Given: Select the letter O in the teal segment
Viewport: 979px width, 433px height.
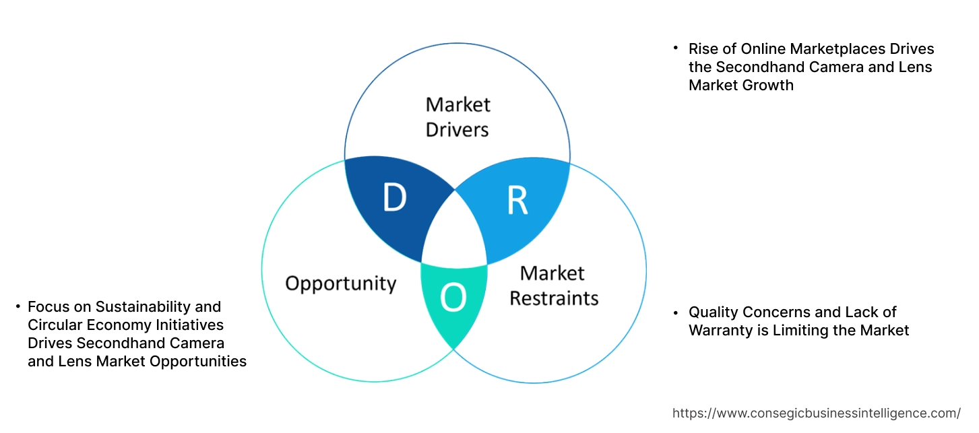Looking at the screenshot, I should pos(453,298).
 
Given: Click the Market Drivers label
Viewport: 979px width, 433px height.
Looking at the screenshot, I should pos(457,116).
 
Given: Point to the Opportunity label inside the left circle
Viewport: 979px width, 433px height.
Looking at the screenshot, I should pos(340,283).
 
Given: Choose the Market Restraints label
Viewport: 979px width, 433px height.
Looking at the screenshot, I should pos(553,285).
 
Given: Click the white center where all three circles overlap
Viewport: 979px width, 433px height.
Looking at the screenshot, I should pos(455,232).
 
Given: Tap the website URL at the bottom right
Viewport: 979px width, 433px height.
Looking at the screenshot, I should pos(817,413).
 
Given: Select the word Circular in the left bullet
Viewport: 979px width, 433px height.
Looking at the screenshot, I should pos(54,325).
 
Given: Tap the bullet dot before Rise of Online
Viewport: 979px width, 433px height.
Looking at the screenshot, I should pos(675,49).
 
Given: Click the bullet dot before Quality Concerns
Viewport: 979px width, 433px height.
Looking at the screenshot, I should pos(675,312).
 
